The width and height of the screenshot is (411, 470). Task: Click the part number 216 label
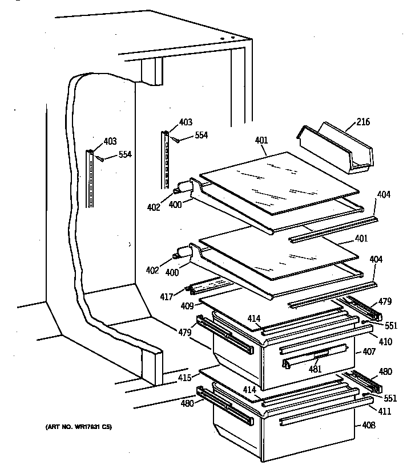click(363, 121)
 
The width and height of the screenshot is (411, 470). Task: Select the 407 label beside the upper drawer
click(369, 353)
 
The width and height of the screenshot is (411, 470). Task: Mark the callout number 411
click(369, 411)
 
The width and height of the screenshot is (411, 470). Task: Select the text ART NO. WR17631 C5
click(76, 427)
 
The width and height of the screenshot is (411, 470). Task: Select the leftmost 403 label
click(110, 142)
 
